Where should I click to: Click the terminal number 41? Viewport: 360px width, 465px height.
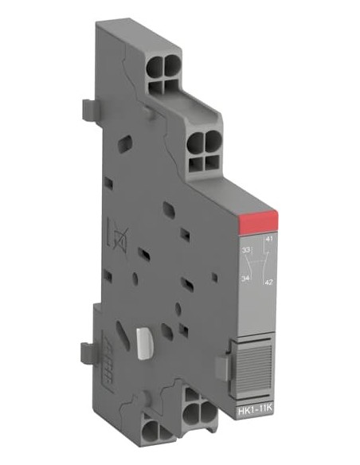tap(269, 239)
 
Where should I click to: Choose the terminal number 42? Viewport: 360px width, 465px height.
tap(269, 282)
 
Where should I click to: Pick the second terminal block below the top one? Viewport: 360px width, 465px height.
tap(202, 150)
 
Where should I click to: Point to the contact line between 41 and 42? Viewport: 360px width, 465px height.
tap(264, 260)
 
